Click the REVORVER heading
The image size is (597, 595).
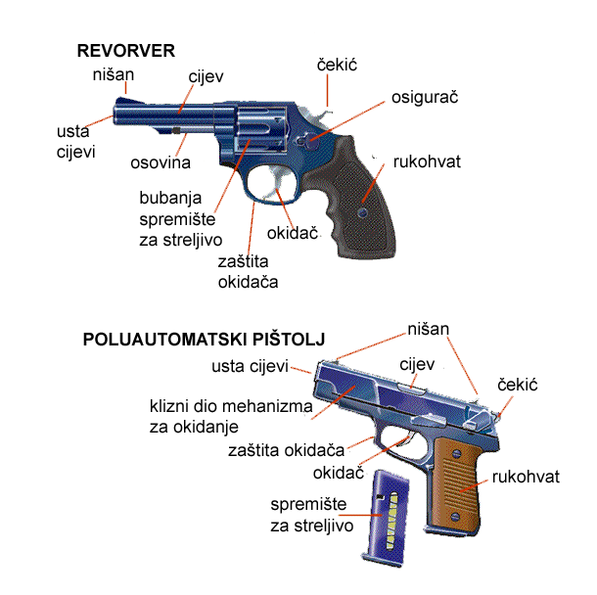pyautogui.click(x=126, y=51)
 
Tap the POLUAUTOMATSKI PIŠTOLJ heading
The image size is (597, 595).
pyautogui.click(x=205, y=340)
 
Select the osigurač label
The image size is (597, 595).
pyautogui.click(x=425, y=98)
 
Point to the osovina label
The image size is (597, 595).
pyautogui.click(x=161, y=162)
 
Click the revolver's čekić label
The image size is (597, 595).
pyautogui.click(x=337, y=65)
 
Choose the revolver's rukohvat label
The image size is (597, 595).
pyautogui.click(x=427, y=161)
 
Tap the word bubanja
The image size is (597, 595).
pyautogui.click(x=170, y=198)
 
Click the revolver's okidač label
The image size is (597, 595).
pyautogui.click(x=293, y=233)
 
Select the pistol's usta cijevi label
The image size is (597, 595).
pyautogui.click(x=250, y=366)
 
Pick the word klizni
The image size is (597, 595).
pyautogui.click(x=169, y=406)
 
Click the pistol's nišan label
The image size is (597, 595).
pyautogui.click(x=429, y=329)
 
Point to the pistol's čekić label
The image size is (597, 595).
pyautogui.click(x=518, y=385)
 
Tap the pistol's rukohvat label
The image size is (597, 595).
pyautogui.click(x=526, y=477)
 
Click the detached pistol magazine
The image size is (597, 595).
pyautogui.click(x=386, y=518)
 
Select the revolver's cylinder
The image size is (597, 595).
pyautogui.click(x=260, y=129)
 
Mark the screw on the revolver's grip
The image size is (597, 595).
pyautogui.click(x=363, y=212)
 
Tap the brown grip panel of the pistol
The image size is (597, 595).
pyautogui.click(x=456, y=484)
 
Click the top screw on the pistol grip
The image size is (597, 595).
pyautogui.click(x=455, y=453)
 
